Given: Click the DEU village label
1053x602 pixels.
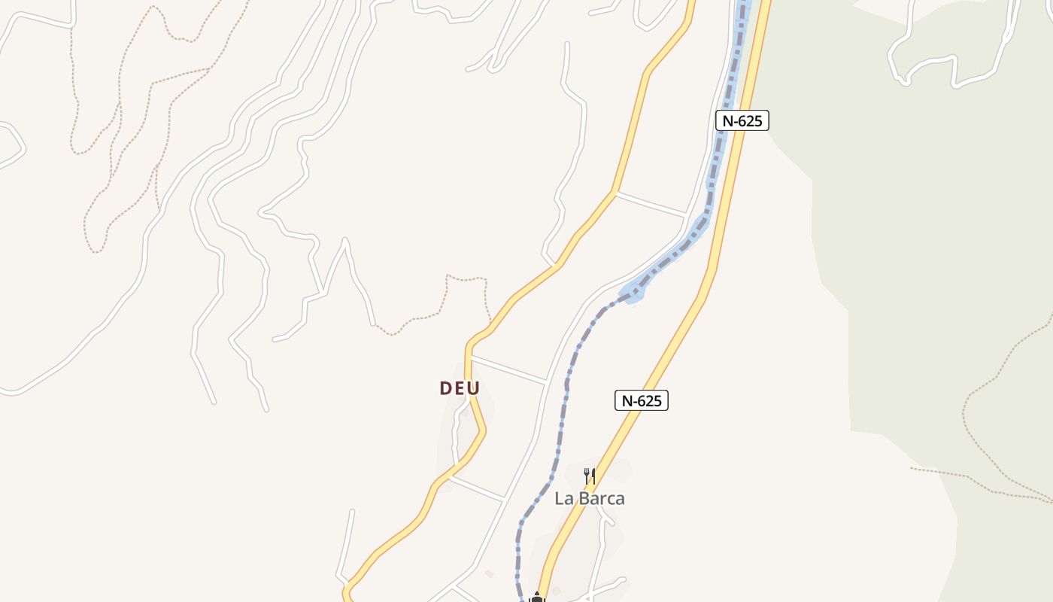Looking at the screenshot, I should pos(460,388).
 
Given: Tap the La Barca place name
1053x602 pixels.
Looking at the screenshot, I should pos(590,498).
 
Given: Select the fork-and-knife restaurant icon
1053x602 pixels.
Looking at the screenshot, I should pos(590,476).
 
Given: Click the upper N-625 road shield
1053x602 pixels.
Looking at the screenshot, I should pos(742,120).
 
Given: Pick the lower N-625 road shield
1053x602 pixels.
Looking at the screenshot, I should pos(642,400).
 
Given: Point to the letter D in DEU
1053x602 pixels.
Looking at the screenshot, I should pos(445,388).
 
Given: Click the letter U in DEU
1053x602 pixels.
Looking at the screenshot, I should pos(474,388).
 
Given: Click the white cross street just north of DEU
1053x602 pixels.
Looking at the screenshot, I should pos(508,369).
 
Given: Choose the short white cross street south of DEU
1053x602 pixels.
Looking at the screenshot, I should pos(477,488).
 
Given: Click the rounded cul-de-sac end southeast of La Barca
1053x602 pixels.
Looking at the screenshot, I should pos(621,580).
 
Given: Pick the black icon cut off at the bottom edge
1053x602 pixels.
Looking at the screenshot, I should pos(536,597).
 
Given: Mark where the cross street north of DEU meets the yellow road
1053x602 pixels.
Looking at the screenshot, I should pos(468,356).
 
